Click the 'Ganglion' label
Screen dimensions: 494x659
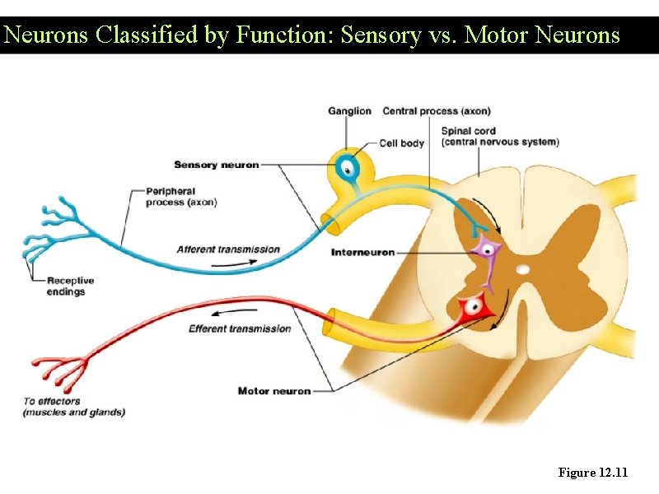click(x=349, y=111)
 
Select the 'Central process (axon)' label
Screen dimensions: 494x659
click(x=437, y=111)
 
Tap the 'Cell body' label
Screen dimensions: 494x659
click(x=401, y=143)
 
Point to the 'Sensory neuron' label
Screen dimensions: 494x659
click(x=216, y=165)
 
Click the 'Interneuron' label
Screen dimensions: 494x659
click(x=362, y=252)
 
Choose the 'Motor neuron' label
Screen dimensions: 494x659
click(x=274, y=390)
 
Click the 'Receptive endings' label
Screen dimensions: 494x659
click(x=71, y=286)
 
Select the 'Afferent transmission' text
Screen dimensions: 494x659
click(x=228, y=249)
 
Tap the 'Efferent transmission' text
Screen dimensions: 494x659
click(x=240, y=329)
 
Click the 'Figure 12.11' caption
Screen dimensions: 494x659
click(x=592, y=473)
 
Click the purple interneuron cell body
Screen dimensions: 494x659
click(x=487, y=249)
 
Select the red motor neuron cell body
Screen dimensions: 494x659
click(x=473, y=308)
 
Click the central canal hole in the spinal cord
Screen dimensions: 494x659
click(x=522, y=269)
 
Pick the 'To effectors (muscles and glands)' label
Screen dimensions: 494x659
click(x=74, y=407)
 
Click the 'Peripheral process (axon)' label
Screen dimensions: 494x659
click(x=181, y=197)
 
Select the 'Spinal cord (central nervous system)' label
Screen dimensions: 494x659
click(x=499, y=136)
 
